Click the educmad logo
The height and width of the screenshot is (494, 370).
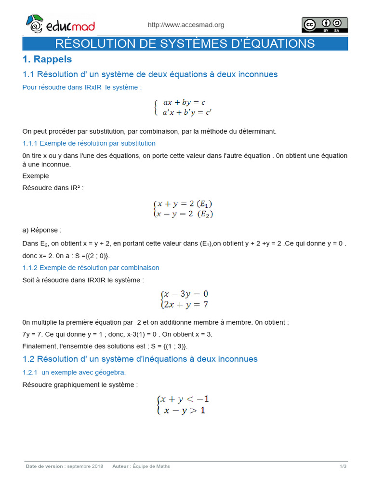click(60, 25)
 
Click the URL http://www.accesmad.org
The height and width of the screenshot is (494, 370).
click(185, 25)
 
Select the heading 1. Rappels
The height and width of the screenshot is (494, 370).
click(47, 59)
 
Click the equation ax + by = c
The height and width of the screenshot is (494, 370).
click(185, 102)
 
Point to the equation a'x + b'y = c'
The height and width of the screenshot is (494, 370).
click(187, 112)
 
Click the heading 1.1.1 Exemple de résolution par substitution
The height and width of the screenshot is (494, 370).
click(89, 143)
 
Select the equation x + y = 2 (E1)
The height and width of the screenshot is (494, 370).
click(185, 204)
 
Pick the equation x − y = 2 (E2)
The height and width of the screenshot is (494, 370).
click(185, 214)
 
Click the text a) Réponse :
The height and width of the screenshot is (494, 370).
click(42, 230)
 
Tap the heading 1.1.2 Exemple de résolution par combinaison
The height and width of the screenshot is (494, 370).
click(91, 267)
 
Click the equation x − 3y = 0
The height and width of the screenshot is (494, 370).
click(185, 294)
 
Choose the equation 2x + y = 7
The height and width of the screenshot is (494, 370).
click(185, 304)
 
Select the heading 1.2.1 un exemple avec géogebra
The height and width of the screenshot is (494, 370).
click(74, 372)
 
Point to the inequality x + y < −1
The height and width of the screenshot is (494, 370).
click(185, 399)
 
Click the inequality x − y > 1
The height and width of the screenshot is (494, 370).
click(185, 411)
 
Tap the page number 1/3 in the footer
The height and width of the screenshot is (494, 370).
click(343, 467)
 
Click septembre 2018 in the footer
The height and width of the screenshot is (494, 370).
click(85, 467)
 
